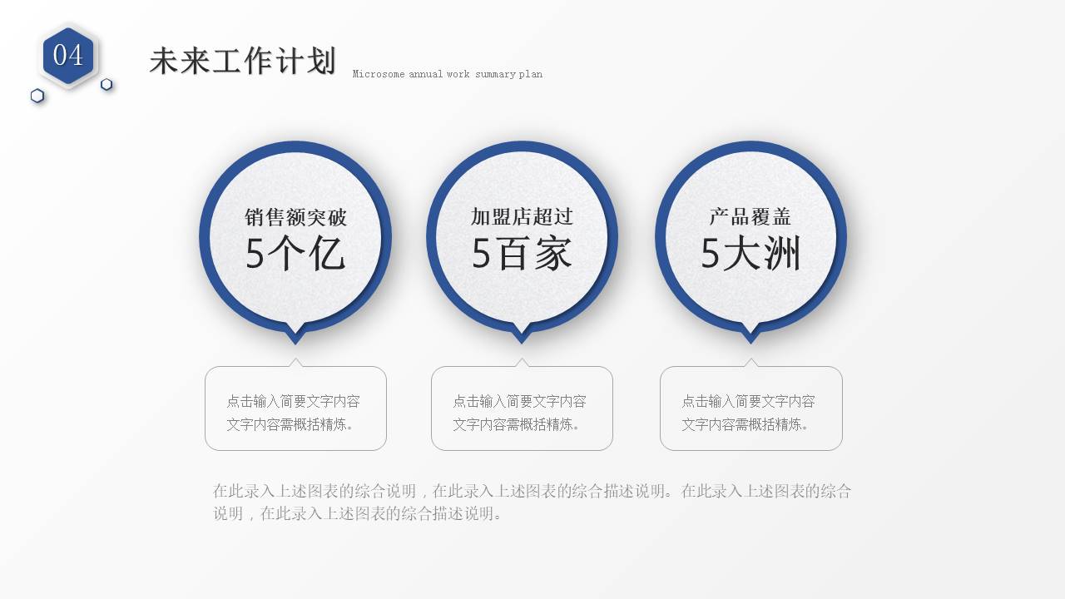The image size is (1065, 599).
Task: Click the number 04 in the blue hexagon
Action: pos(68,55)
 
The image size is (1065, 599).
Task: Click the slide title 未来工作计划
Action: pos(242,62)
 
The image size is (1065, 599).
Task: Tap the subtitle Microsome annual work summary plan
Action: pos(447,74)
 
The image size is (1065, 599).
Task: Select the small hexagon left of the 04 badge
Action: pos(37,96)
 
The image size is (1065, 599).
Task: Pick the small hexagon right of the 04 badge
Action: pos(106,84)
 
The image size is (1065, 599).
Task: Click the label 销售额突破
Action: pos(295,218)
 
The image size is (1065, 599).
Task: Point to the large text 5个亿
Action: pos(295,255)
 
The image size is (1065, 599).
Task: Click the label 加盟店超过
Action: pos(522,217)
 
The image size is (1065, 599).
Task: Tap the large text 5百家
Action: pos(522,254)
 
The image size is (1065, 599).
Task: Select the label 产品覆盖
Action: pos(750,217)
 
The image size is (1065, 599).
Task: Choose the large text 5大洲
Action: pos(750,254)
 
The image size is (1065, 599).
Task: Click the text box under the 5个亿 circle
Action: pos(295,408)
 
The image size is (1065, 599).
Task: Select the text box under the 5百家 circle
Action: pos(522,408)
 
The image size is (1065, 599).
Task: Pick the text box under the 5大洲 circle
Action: pos(750,408)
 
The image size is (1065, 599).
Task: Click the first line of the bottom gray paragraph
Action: pos(532,491)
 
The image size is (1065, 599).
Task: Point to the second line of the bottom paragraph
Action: pos(359,513)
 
